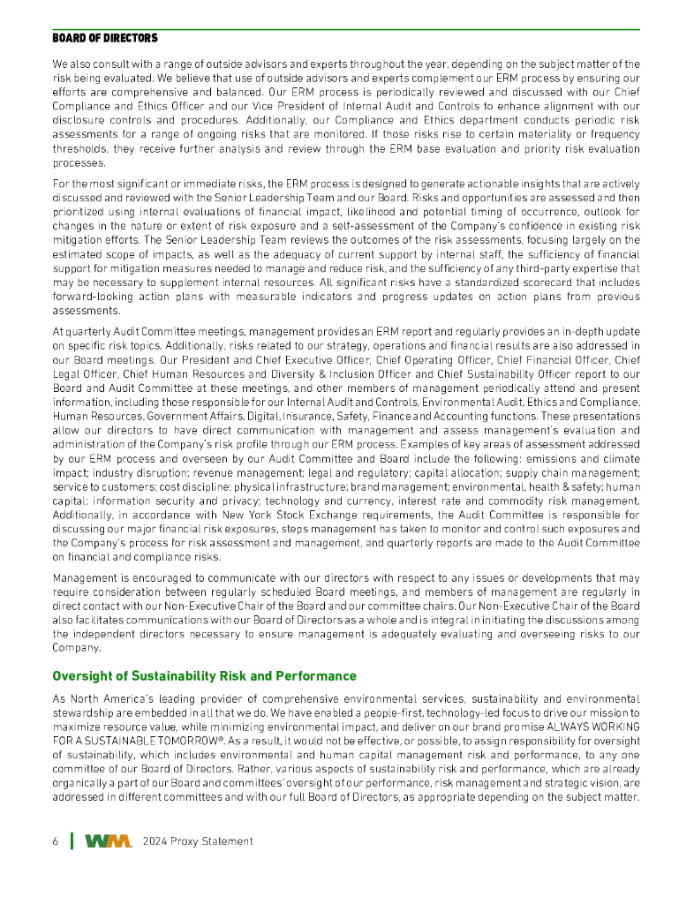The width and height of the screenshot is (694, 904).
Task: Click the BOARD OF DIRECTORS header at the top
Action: pyautogui.click(x=105, y=38)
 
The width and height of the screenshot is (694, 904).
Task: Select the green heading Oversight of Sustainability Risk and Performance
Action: pyautogui.click(x=204, y=676)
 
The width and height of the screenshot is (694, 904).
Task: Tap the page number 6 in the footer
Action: pyautogui.click(x=56, y=841)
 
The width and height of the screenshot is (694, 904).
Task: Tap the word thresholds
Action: pyautogui.click(x=79, y=149)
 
